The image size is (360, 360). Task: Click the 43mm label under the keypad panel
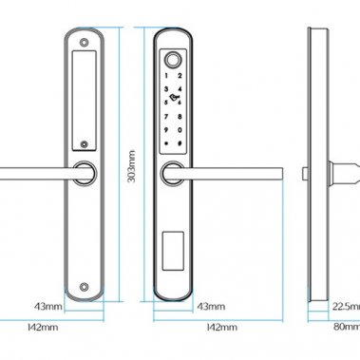click(211, 307)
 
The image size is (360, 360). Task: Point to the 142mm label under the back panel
click(43, 327)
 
